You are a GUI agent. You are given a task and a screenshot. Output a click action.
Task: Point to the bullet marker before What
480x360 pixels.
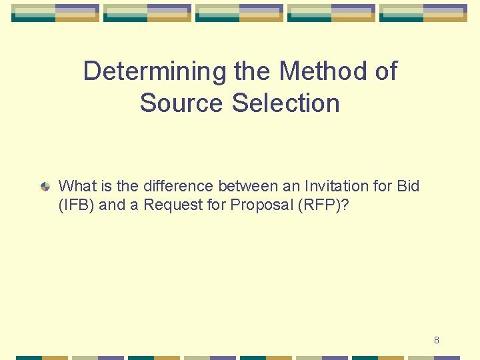click(x=45, y=187)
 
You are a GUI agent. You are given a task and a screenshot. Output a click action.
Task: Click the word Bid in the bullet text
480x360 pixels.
click(x=408, y=186)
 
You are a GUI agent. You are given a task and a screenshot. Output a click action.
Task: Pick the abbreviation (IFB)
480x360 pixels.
click(x=76, y=205)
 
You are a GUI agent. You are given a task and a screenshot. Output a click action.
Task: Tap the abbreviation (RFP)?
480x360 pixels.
click(x=321, y=205)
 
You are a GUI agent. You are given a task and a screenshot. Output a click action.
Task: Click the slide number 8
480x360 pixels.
click(x=437, y=340)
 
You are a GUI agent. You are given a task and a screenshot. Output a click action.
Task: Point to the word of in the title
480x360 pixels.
click(x=385, y=71)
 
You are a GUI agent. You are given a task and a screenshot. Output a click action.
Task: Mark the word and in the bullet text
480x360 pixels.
click(x=112, y=205)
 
